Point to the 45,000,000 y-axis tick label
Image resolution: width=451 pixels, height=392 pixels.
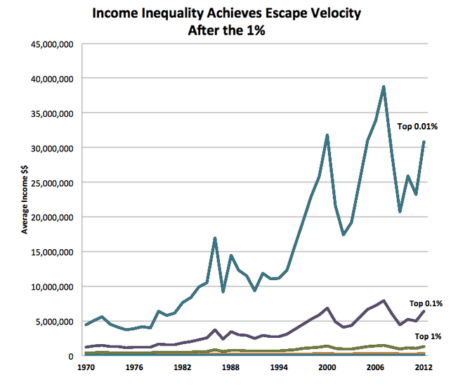pos(53,44)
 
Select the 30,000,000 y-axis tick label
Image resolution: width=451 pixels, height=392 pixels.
pos(53,148)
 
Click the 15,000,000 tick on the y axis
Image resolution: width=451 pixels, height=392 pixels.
pos(53,252)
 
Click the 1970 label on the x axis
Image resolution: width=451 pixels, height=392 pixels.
pos(86,367)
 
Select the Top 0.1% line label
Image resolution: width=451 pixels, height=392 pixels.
pos(426,303)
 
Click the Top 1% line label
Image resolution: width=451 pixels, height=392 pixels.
pos(428,336)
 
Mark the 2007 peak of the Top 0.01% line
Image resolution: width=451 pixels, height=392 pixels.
pos(384,87)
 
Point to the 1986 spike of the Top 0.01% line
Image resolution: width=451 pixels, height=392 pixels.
pos(214,239)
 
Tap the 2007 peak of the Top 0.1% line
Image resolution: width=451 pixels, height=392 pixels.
pos(384,301)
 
